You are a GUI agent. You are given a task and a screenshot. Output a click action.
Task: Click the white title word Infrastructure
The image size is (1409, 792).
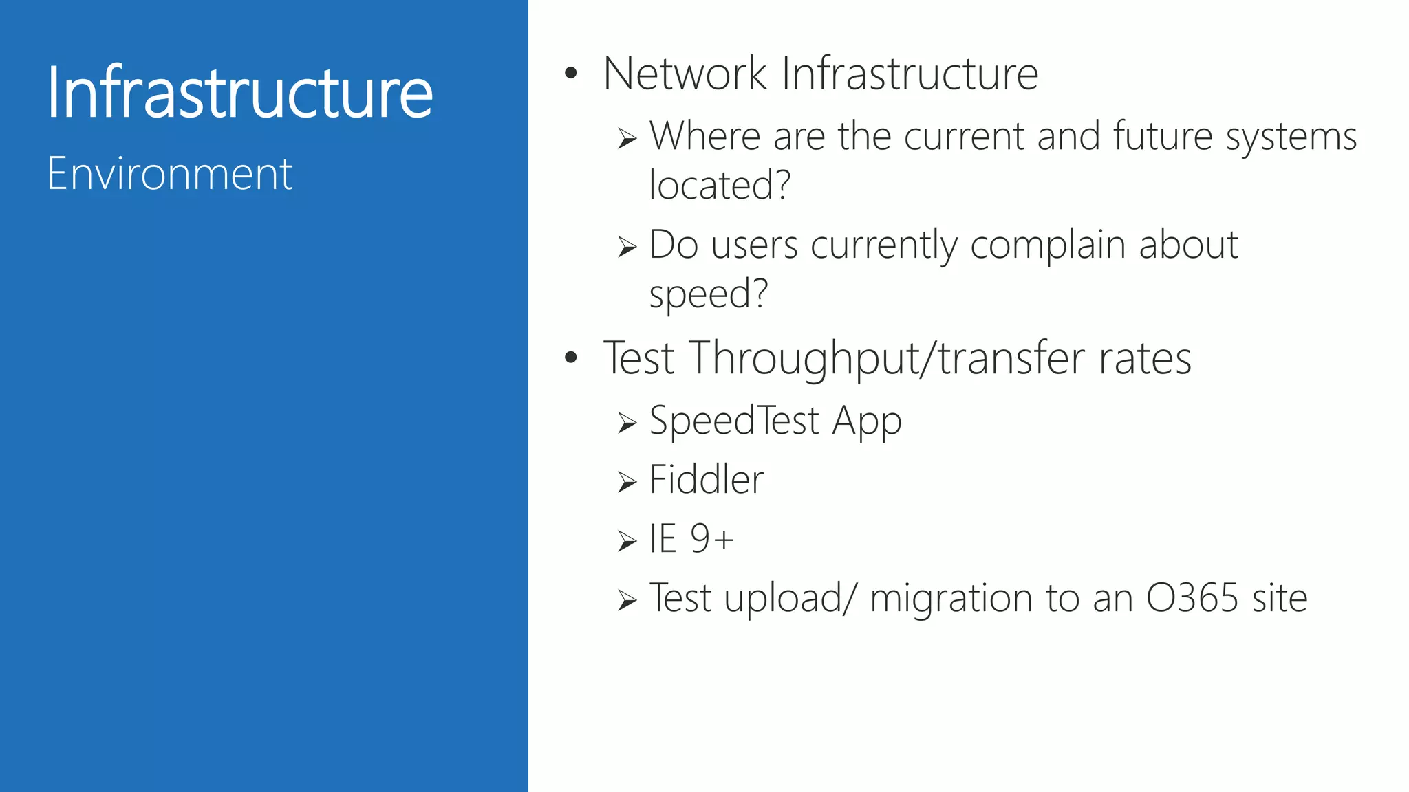point(239,92)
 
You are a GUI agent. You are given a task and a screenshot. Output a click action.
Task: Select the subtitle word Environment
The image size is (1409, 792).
point(170,174)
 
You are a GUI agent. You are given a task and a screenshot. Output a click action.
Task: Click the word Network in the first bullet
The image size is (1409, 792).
point(685,74)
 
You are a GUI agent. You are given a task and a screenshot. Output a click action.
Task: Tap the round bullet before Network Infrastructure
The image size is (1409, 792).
point(570,73)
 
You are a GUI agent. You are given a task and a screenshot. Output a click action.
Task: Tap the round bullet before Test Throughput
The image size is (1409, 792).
point(570,357)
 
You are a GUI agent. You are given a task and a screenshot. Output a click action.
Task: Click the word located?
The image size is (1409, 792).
point(720,185)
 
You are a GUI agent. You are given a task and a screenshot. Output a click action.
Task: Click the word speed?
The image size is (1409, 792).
point(708,294)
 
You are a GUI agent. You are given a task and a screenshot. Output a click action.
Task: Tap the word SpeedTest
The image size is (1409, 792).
point(734,420)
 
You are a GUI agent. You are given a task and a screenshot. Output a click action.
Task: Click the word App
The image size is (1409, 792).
point(866,421)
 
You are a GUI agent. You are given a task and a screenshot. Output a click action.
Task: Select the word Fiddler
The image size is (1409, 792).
point(706,479)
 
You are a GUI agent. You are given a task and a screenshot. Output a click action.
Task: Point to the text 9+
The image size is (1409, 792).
point(712,538)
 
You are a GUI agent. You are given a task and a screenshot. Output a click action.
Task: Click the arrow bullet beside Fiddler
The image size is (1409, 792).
point(627,482)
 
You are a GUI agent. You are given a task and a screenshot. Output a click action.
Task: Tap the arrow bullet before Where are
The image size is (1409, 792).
point(627,139)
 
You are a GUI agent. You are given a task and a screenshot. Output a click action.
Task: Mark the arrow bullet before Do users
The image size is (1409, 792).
point(627,247)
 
